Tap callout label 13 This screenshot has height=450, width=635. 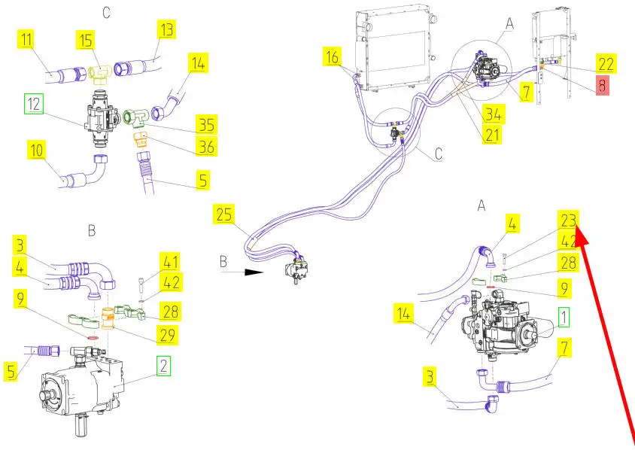coord(166,30)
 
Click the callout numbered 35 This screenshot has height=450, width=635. coord(205,124)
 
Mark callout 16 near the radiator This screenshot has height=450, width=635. coord(333,56)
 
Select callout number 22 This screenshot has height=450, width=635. coord(606,64)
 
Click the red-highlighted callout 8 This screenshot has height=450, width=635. coord(601,85)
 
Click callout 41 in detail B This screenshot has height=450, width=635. coord(170,263)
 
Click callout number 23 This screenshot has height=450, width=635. coord(567,220)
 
